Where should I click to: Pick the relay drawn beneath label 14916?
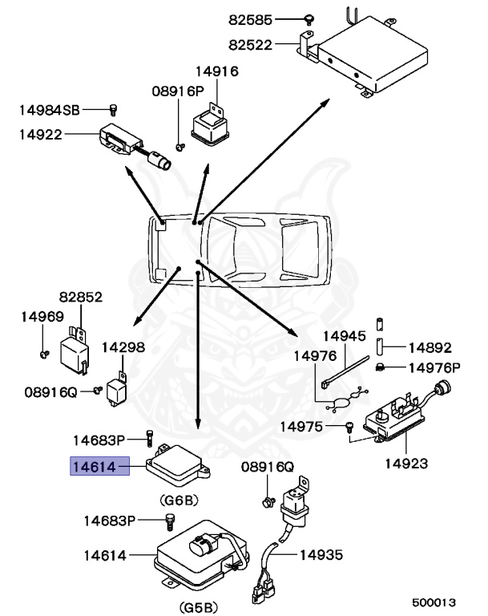click(x=210, y=124)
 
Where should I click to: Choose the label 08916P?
click(x=178, y=91)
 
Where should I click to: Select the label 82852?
click(x=79, y=297)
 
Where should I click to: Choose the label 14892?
click(x=430, y=348)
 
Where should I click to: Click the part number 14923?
click(x=405, y=463)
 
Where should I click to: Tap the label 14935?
click(x=321, y=553)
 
